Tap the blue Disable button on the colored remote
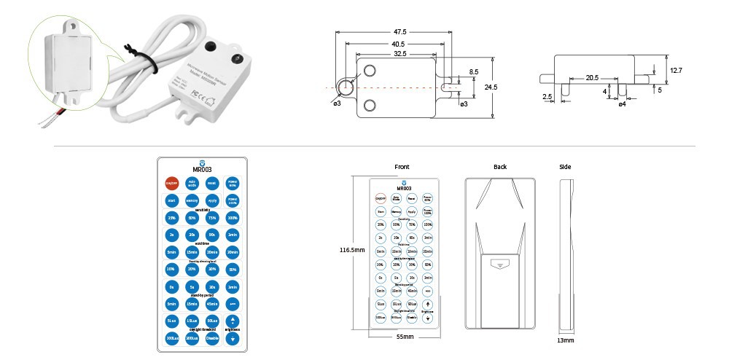(x=212, y=337)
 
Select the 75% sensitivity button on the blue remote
(x=212, y=218)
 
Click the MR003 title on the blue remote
(x=202, y=170)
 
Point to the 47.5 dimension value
(x=399, y=32)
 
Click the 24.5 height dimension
(x=490, y=87)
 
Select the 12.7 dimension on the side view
(x=676, y=70)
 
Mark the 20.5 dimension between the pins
(x=591, y=77)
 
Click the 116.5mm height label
(x=351, y=249)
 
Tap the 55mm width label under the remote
(x=405, y=337)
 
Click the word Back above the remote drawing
(x=499, y=167)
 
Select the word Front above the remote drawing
(x=402, y=167)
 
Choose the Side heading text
(x=565, y=167)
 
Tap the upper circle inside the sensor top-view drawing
(x=369, y=70)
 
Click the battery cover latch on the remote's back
(x=500, y=265)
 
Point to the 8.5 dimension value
(x=474, y=71)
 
